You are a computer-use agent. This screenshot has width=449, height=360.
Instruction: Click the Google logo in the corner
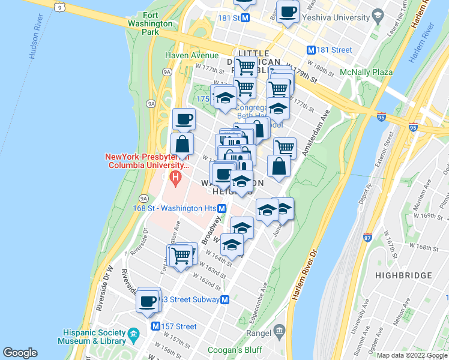pos(20,353)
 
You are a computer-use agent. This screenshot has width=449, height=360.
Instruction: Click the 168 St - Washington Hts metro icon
pos(222,208)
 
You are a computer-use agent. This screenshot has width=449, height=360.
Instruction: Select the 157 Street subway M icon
pos(155,326)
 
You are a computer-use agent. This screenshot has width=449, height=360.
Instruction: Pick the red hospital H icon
pos(175,177)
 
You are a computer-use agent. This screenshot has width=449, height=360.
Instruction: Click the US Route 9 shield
pos(58,6)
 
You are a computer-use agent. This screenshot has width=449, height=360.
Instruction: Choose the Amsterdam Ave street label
pos(316,134)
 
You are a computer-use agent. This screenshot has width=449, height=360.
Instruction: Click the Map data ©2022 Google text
pos(412,355)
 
